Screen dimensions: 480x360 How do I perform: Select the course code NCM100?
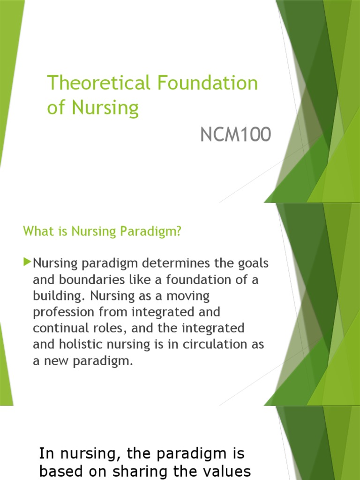tap(235, 135)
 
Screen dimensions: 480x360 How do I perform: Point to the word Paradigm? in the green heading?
tap(157, 232)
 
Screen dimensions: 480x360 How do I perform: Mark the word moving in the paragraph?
tap(186, 296)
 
